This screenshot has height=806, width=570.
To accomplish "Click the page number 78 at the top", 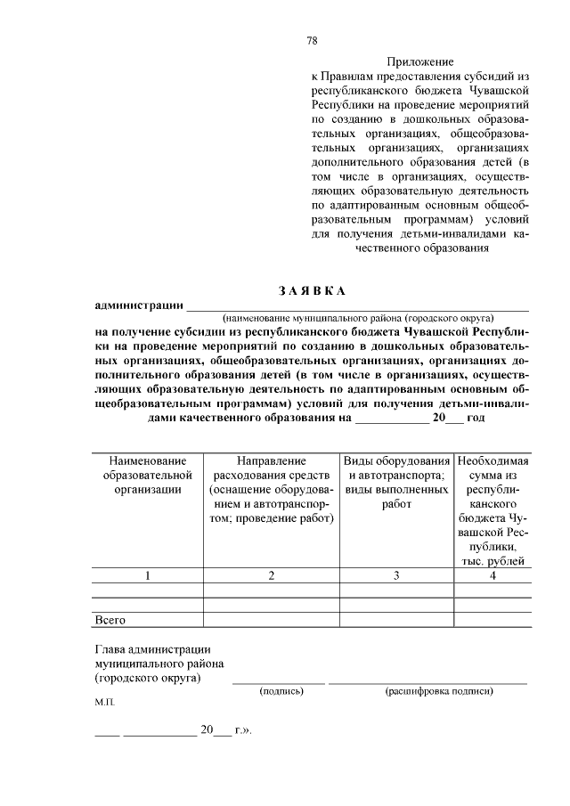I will point(312,40).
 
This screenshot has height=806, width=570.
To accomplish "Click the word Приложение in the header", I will point(419,62).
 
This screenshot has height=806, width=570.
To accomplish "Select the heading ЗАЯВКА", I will point(311,291).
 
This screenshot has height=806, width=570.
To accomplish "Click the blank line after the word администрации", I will point(356,308).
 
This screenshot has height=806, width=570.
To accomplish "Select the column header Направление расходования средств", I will point(271,489).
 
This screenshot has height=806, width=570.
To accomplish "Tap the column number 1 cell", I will point(148,575).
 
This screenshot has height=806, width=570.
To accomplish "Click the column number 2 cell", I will point(271,575).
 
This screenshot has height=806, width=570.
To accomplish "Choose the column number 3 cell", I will point(396,575).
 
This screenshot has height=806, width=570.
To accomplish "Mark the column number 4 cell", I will point(493,575).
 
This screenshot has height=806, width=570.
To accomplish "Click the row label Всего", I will point(110,618).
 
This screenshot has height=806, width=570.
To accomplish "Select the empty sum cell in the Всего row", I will point(493,618).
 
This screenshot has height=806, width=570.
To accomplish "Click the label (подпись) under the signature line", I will point(279,691).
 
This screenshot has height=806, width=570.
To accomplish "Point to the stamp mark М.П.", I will point(105,703).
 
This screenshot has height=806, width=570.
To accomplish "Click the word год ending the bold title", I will point(476,417).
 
